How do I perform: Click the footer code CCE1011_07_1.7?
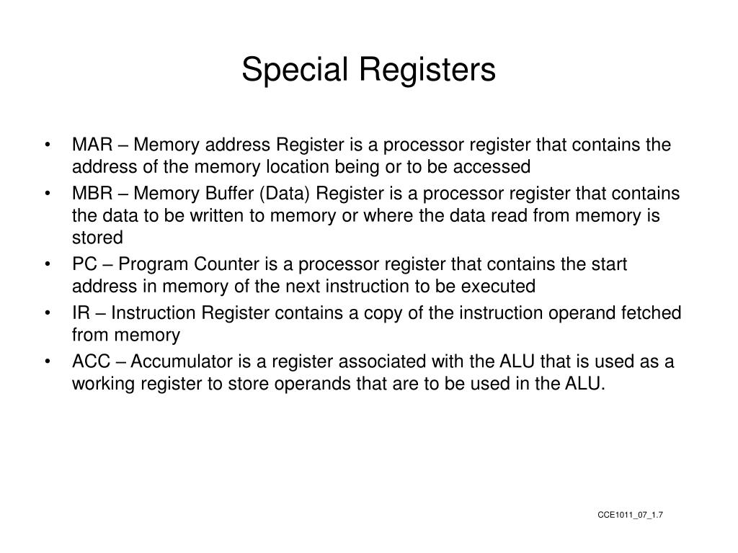click(x=630, y=515)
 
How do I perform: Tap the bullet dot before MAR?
click(x=47, y=145)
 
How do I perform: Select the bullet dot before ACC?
click(x=47, y=362)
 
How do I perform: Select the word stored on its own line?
click(x=97, y=238)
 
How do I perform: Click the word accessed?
click(x=497, y=167)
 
